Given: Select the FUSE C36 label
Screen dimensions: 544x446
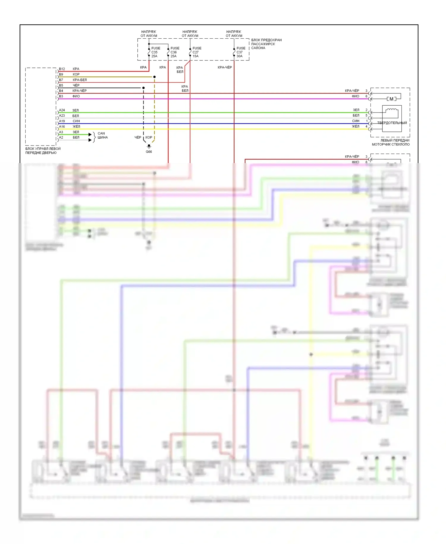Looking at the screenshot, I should [175, 52].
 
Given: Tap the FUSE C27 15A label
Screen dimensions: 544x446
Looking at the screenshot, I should [197, 52].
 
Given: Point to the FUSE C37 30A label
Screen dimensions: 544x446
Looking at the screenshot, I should [241, 52].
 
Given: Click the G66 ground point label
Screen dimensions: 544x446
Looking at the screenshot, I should [149, 152].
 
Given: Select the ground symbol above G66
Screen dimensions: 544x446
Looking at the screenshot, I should [149, 146].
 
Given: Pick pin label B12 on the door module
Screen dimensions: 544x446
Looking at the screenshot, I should [62, 69].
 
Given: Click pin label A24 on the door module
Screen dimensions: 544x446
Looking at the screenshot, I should [62, 110].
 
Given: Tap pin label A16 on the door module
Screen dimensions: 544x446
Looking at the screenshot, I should [62, 126].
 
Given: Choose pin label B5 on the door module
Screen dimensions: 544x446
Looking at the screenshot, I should [61, 85].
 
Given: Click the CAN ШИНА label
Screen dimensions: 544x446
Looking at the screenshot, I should [103, 135].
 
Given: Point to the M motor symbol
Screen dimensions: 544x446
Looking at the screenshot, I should [392, 99].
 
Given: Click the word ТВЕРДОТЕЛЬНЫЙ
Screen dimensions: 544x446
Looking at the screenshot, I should [392, 123].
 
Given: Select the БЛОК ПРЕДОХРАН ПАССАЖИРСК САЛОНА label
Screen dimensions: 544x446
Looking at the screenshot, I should [266, 44].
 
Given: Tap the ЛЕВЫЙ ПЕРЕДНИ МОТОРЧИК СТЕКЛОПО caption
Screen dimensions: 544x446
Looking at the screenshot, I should [391, 143].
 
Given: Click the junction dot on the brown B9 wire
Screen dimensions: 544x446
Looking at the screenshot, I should [154, 77].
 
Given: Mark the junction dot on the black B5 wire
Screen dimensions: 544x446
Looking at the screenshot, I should [143, 88].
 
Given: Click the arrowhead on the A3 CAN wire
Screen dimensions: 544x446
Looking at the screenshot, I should [90, 135].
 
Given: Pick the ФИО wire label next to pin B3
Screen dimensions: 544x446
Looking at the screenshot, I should [76, 96].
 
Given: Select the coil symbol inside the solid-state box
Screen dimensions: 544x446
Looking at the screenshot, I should [392, 111].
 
